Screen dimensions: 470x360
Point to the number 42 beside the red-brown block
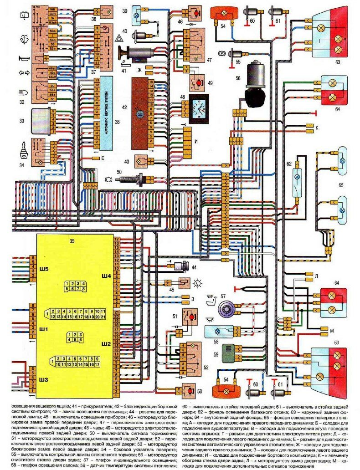click(124, 107)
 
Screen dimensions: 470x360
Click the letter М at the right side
click(319, 330)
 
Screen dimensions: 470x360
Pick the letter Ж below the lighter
click(140, 70)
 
